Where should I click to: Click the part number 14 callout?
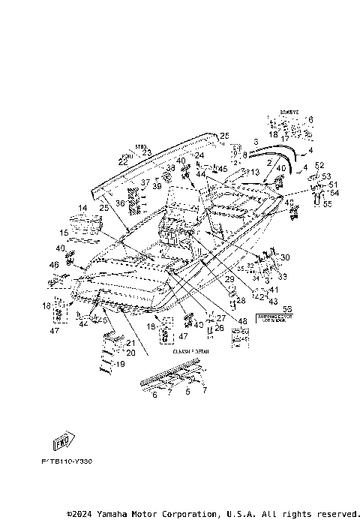(82, 207)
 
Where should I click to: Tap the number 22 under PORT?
(122, 162)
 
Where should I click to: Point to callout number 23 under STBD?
(147, 153)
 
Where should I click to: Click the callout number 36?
(119, 203)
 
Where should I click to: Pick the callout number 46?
(53, 265)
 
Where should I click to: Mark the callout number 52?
(319, 166)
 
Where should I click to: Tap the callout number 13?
(256, 172)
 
